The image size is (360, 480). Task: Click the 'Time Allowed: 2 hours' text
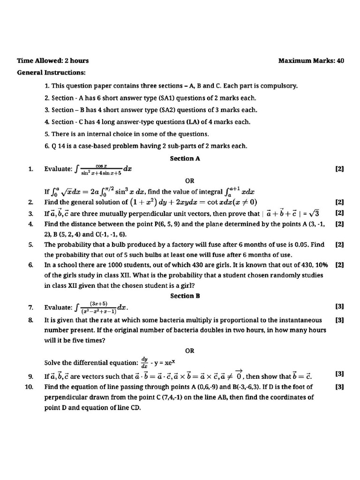pyautogui.click(x=52, y=60)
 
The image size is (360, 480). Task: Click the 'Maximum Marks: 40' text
pyautogui.click(x=311, y=60)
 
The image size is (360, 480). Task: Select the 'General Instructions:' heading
pyautogui.click(x=52, y=73)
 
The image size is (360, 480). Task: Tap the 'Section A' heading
pyautogui.click(x=185, y=158)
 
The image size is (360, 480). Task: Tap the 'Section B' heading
pyautogui.click(x=185, y=296)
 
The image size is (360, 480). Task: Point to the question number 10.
pyautogui.click(x=29, y=387)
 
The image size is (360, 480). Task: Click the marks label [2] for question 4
pyautogui.click(x=339, y=224)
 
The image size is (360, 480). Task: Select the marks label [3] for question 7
pyautogui.click(x=339, y=307)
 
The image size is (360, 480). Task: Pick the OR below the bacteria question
pyautogui.click(x=189, y=351)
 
